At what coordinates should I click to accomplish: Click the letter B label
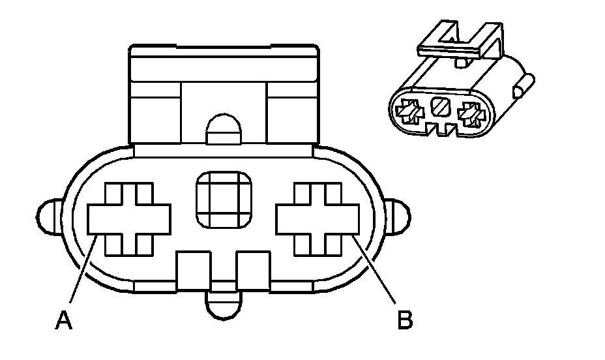click(x=405, y=320)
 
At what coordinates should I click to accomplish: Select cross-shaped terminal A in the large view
click(x=129, y=218)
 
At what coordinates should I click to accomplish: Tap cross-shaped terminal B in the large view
click(x=317, y=218)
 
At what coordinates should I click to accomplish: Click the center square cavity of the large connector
click(x=223, y=200)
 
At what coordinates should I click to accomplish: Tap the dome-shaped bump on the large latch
click(x=222, y=130)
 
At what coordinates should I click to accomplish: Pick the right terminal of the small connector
click(x=470, y=115)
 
